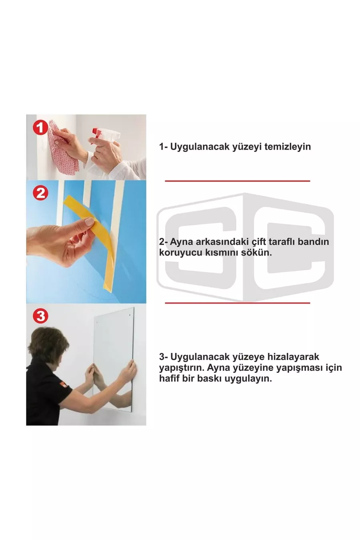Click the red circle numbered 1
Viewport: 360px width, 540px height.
click(x=40, y=128)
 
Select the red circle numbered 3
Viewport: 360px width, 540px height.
click(x=40, y=316)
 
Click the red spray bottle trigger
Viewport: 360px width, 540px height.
click(x=96, y=133)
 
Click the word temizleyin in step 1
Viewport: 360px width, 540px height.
click(x=288, y=146)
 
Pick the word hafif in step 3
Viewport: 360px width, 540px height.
click(x=169, y=378)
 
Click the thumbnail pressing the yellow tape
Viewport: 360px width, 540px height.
click(x=90, y=222)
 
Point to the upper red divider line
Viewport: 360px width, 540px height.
click(x=237, y=181)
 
